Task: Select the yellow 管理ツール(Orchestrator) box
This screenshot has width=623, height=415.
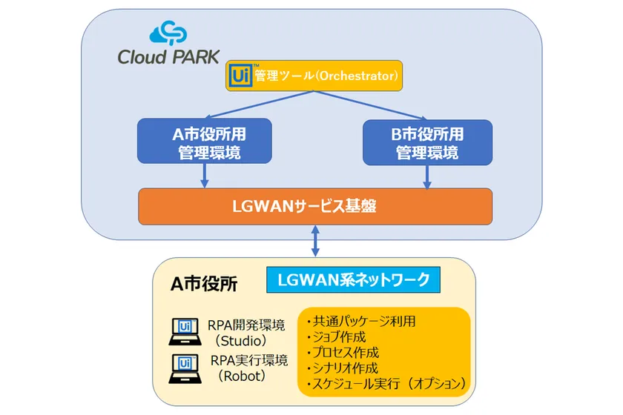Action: coord(314,76)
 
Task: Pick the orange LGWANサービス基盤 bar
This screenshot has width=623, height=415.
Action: coord(314,206)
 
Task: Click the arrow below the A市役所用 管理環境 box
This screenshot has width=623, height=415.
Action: coord(204,176)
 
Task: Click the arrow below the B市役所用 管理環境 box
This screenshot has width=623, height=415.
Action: coord(426,176)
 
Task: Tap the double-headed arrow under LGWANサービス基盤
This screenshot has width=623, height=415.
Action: coord(316,240)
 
